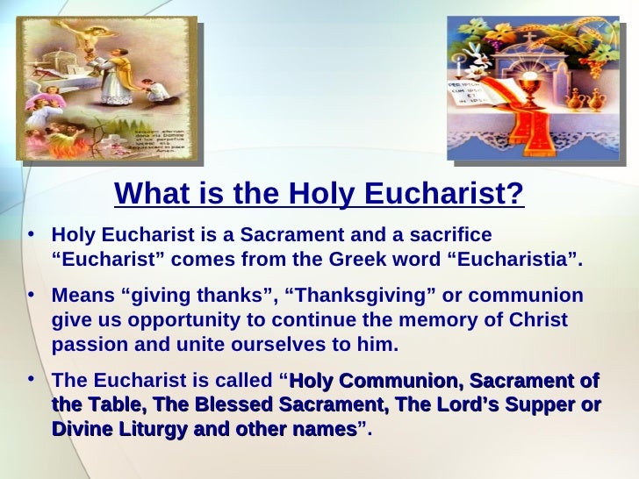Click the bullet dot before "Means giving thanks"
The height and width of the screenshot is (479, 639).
tap(32, 294)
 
